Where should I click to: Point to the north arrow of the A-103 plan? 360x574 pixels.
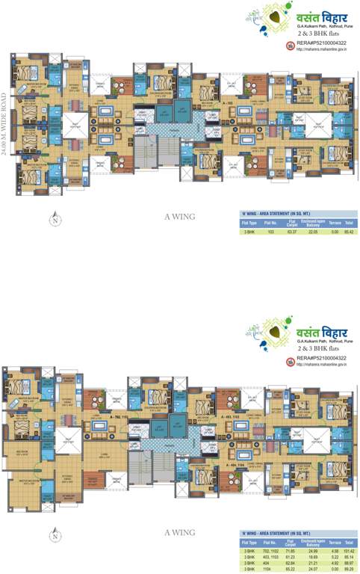(55, 219)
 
